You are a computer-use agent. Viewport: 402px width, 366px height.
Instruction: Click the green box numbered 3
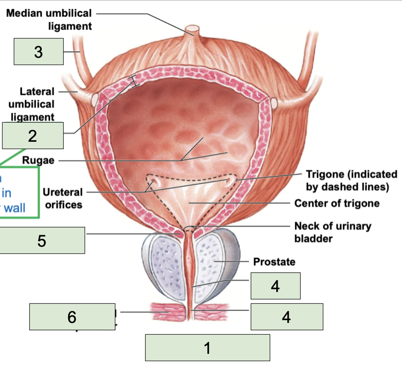click(38, 52)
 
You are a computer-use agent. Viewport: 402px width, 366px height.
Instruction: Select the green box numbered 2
click(32, 136)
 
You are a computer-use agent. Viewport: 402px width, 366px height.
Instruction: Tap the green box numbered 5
click(42, 240)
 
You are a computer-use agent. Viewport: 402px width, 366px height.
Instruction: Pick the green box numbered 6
click(72, 317)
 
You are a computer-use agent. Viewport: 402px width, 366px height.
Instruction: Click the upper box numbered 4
click(275, 286)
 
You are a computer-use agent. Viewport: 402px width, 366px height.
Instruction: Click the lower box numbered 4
click(287, 317)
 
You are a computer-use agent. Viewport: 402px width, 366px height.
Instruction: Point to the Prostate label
click(274, 262)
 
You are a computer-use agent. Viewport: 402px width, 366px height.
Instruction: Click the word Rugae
click(38, 161)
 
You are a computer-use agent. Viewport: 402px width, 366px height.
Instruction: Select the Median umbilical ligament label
click(49, 20)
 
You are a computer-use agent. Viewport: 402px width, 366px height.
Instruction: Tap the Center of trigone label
click(337, 203)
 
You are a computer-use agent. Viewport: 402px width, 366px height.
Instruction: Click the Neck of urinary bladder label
click(332, 232)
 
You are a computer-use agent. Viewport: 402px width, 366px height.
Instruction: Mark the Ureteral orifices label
click(62, 198)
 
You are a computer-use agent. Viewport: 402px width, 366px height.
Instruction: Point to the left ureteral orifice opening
click(152, 181)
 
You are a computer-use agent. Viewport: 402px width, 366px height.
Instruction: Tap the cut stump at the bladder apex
click(192, 29)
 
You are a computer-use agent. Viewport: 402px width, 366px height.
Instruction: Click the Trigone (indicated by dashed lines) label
click(351, 180)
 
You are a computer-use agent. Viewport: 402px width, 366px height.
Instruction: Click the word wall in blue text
click(14, 208)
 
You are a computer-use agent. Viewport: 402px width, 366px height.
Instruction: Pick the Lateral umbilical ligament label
click(31, 104)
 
